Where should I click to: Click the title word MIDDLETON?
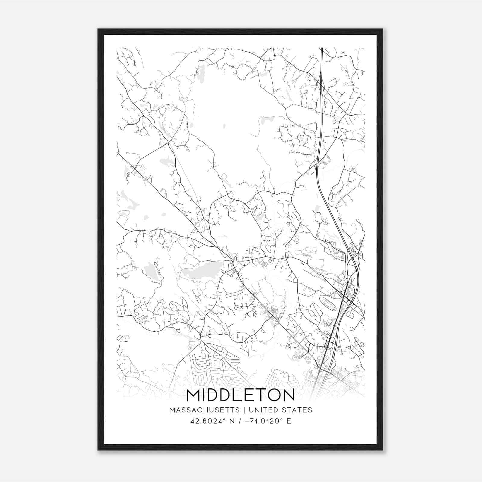point(241,395)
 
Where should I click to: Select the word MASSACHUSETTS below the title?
point(205,410)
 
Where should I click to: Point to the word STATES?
point(297,410)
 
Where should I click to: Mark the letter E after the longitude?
point(289,421)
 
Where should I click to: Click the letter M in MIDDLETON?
point(193,395)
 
